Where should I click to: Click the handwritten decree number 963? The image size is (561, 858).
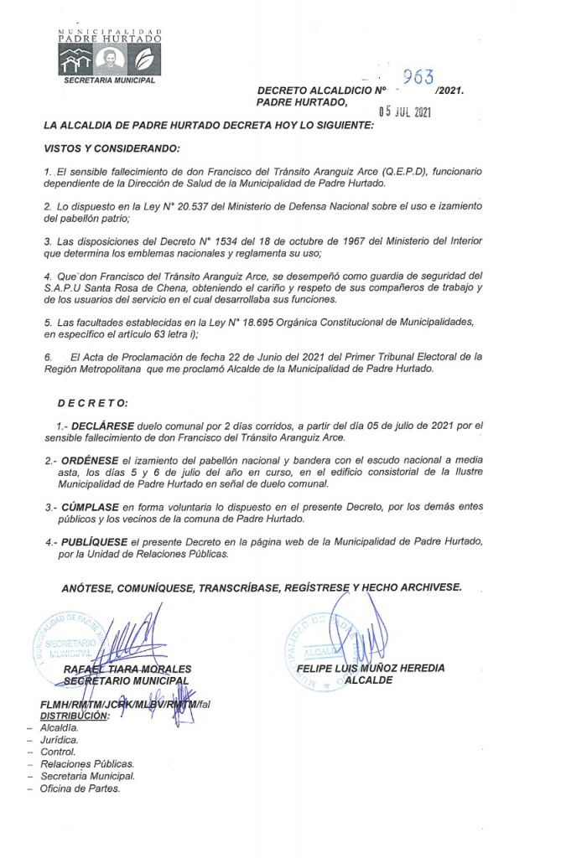click(x=417, y=78)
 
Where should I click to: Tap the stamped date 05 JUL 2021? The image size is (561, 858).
click(x=406, y=109)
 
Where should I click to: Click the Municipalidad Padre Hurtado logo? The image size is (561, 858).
click(x=106, y=51)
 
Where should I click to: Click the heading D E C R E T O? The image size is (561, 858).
click(x=93, y=403)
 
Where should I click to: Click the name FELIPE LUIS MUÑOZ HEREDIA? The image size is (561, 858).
click(x=370, y=668)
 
